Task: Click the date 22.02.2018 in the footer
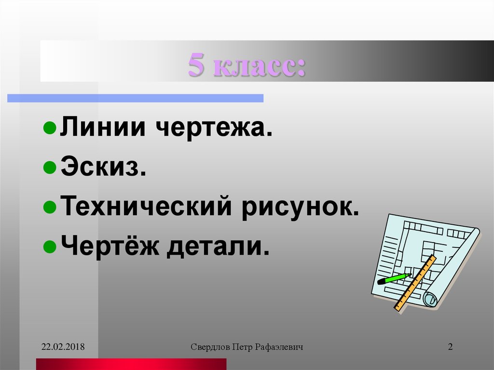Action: click(63, 347)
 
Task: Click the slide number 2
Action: click(450, 347)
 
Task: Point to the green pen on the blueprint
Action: click(393, 279)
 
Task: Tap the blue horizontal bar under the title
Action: click(135, 98)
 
